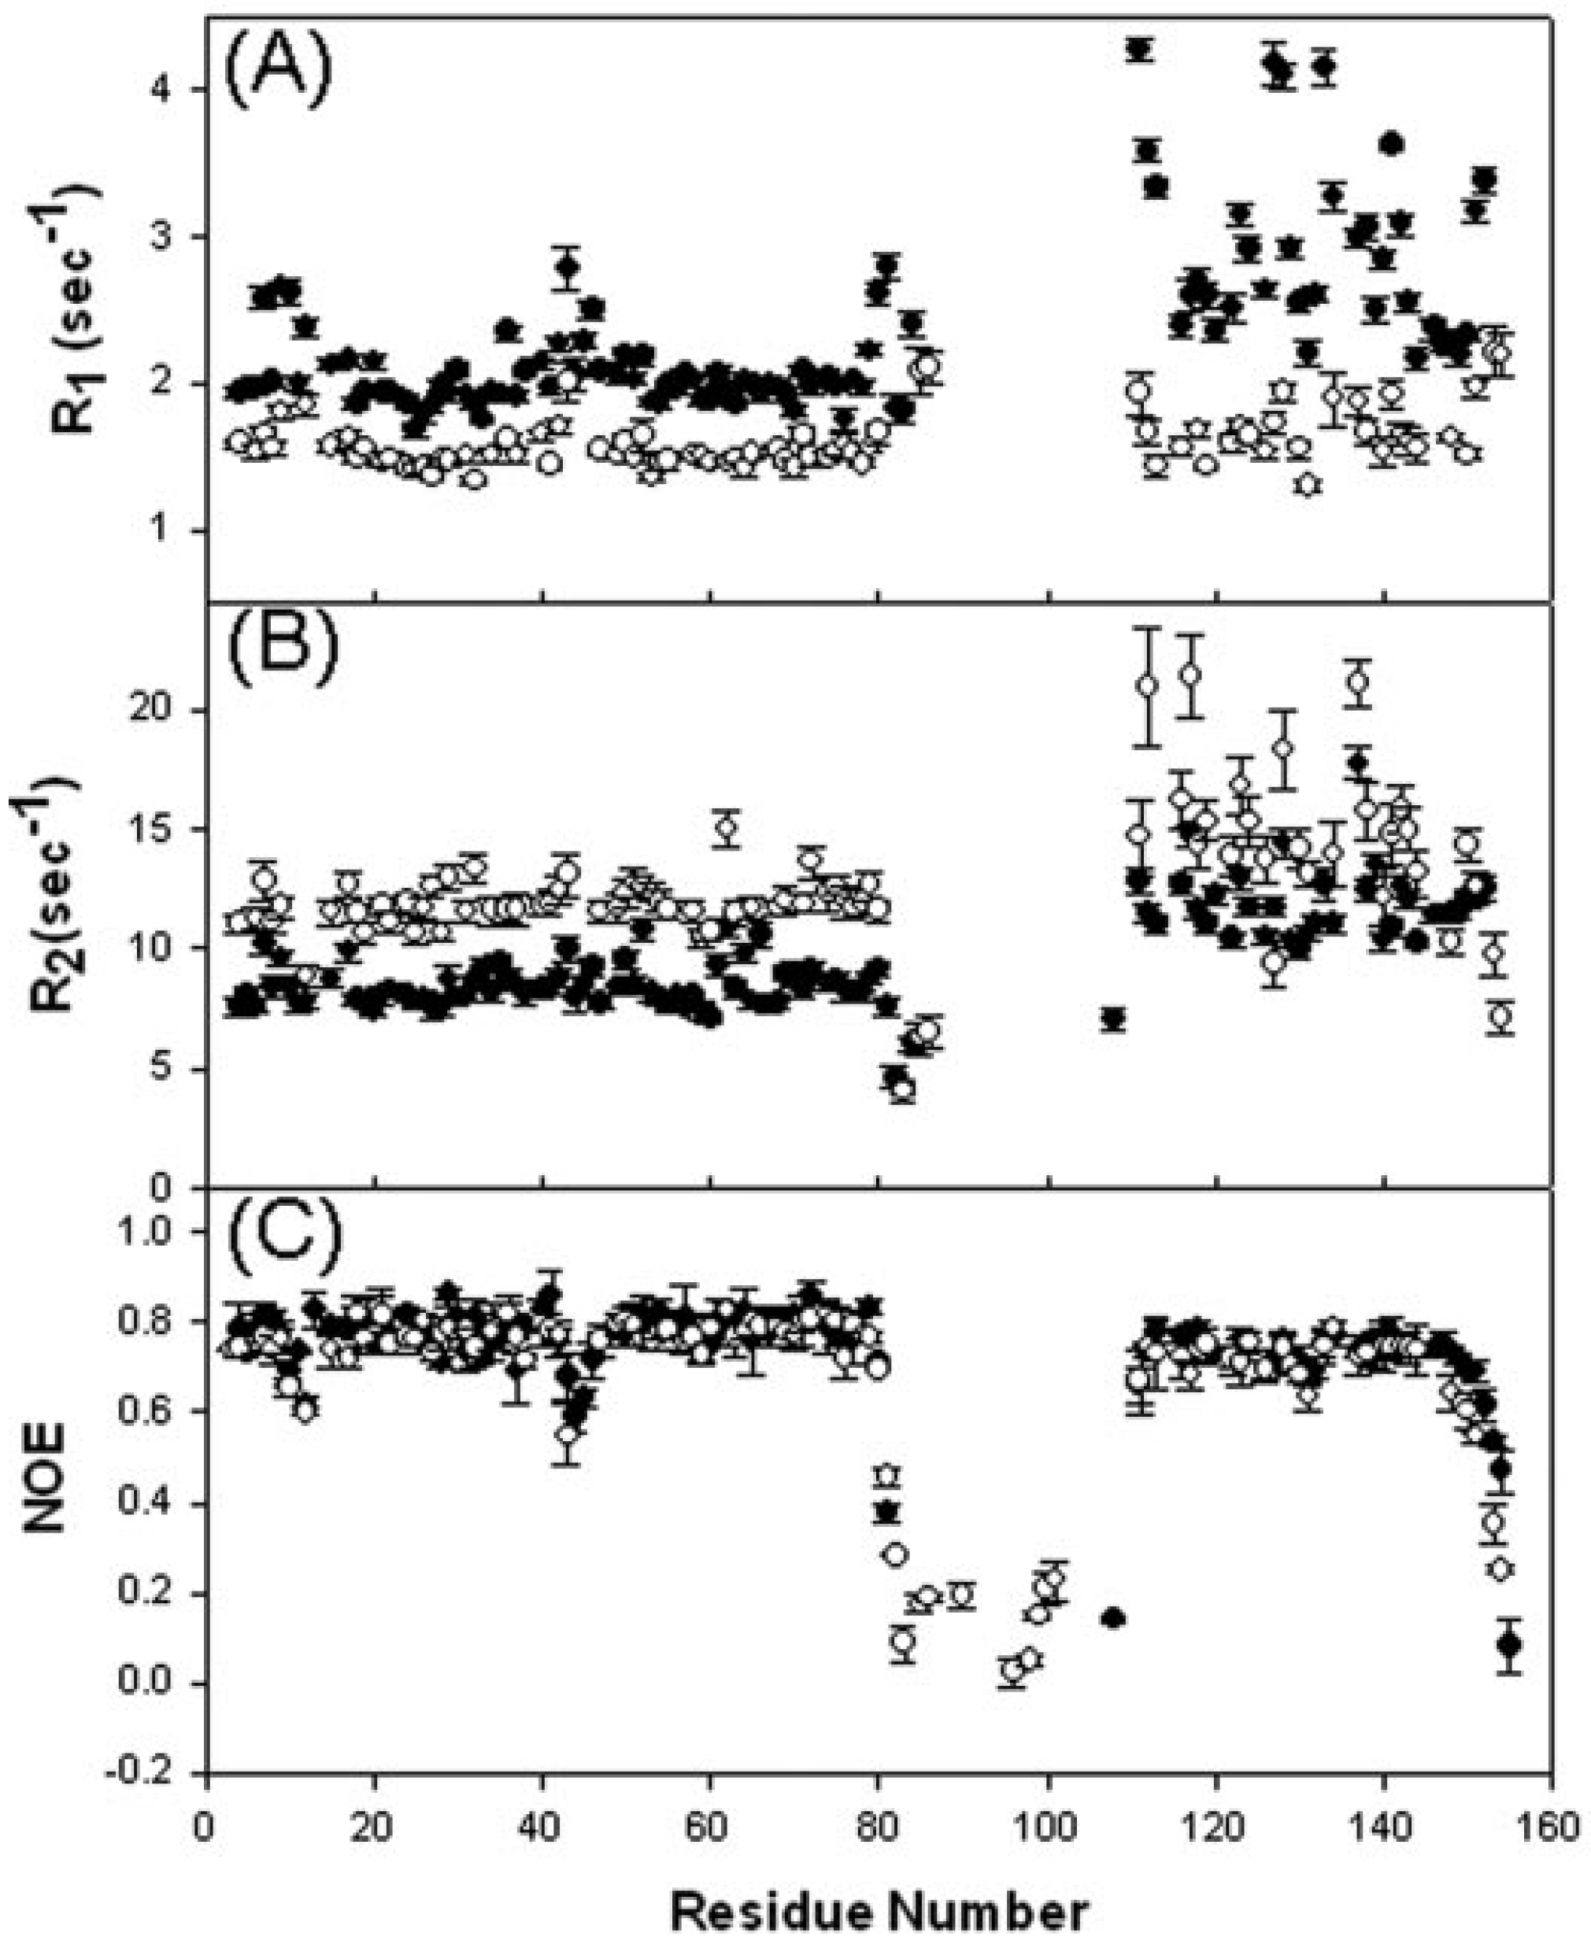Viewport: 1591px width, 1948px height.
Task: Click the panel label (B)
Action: (280, 652)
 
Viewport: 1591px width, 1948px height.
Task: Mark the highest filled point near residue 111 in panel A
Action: (1139, 50)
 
